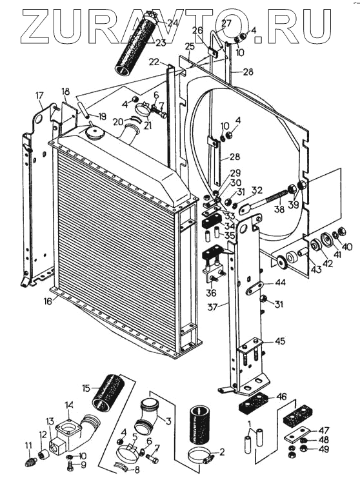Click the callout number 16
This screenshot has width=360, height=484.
click(48, 301)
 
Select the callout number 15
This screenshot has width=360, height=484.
click(86, 388)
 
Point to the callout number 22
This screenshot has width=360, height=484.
click(154, 62)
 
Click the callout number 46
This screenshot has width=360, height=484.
click(282, 396)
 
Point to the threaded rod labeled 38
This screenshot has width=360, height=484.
click(266, 199)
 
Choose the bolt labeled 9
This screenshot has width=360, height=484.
click(71, 465)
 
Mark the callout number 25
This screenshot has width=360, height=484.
click(190, 47)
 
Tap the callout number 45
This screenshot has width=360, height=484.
click(280, 341)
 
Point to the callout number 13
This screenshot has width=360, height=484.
click(50, 421)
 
